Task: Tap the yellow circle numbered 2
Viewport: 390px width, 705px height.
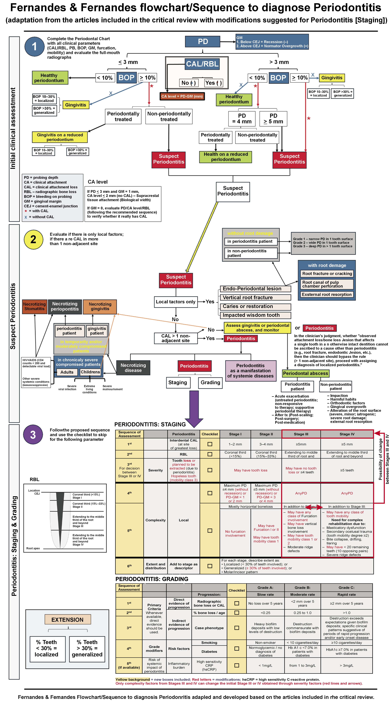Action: coord(33,240)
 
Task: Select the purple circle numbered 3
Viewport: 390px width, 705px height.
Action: coord(33,435)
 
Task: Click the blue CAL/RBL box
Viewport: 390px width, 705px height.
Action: coord(202,64)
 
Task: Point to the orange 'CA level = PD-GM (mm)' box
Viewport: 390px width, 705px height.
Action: coord(182,96)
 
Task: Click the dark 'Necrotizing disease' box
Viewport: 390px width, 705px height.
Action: coord(133,368)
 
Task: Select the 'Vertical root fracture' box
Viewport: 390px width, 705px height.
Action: coord(255,297)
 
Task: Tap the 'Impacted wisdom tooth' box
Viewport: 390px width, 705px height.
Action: coord(255,315)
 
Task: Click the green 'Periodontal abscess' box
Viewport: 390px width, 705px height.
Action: coord(305,373)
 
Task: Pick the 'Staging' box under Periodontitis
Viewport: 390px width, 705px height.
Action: coord(178,383)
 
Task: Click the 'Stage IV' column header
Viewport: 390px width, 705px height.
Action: coord(347,434)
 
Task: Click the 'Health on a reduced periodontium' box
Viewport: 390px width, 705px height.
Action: coord(226,157)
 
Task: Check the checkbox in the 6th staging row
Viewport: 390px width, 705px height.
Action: coord(210,566)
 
